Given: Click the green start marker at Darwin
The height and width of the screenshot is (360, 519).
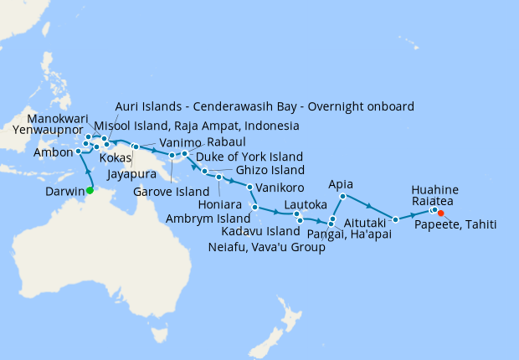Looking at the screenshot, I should click(x=90, y=190).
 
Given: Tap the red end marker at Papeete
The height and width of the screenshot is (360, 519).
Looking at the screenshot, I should click(x=441, y=213).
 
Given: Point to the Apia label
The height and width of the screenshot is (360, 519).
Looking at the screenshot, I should click(x=342, y=183).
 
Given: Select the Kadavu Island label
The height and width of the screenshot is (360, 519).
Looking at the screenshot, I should click(x=260, y=231).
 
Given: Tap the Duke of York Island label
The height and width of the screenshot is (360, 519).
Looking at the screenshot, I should click(x=249, y=157).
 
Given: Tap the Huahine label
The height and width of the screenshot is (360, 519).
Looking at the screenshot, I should click(x=435, y=189).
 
